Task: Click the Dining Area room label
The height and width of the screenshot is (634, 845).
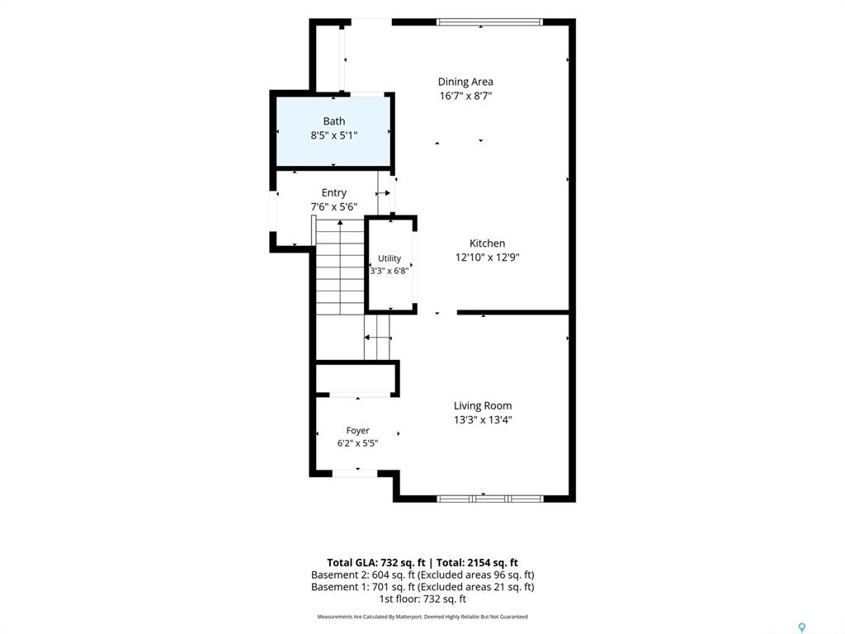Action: pyautogui.click(x=465, y=82)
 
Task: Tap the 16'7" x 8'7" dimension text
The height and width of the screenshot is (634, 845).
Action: pyautogui.click(x=465, y=96)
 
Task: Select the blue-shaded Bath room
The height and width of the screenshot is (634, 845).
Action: pyautogui.click(x=333, y=131)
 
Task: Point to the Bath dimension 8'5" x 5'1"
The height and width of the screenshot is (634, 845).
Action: pyautogui.click(x=333, y=135)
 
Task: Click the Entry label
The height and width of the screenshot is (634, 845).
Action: pyautogui.click(x=334, y=193)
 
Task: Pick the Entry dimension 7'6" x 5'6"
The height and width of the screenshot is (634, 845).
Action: pyautogui.click(x=334, y=207)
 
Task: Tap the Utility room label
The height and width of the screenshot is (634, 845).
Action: pyautogui.click(x=389, y=258)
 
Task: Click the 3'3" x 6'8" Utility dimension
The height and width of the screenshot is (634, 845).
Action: pyautogui.click(x=389, y=271)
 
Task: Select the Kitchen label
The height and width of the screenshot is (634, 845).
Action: pyautogui.click(x=487, y=244)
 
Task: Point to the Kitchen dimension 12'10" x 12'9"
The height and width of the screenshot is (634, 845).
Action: pyautogui.click(x=487, y=258)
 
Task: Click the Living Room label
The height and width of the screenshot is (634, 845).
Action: pyautogui.click(x=482, y=406)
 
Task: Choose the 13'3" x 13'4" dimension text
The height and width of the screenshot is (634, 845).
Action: pyautogui.click(x=482, y=420)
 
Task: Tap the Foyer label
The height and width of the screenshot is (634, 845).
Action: pyautogui.click(x=358, y=431)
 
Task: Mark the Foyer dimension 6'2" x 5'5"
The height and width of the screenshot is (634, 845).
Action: pyautogui.click(x=358, y=443)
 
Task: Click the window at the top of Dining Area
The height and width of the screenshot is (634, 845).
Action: pyautogui.click(x=489, y=22)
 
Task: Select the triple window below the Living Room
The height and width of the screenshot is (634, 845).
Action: pyautogui.click(x=489, y=499)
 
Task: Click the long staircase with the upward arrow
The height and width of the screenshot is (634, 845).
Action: pyautogui.click(x=340, y=267)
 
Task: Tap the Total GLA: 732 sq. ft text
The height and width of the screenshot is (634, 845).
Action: pyautogui.click(x=376, y=563)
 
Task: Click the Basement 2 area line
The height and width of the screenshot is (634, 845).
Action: pyautogui.click(x=422, y=575)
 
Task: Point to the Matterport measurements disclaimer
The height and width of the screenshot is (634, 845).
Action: pyautogui.click(x=422, y=617)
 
